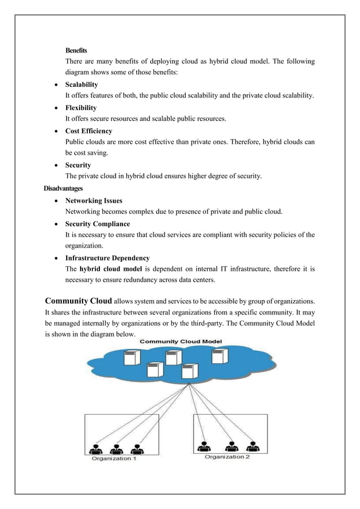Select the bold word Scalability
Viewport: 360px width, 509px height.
[82, 85]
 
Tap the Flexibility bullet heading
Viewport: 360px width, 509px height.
[81, 108]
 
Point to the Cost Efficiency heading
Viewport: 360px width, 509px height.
[89, 131]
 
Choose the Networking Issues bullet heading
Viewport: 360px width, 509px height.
[94, 200]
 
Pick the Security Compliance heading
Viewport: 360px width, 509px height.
[98, 224]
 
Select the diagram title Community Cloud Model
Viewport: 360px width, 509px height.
[181, 341]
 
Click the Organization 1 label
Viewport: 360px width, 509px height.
[115, 458]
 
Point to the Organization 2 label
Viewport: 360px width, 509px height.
[227, 456]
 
